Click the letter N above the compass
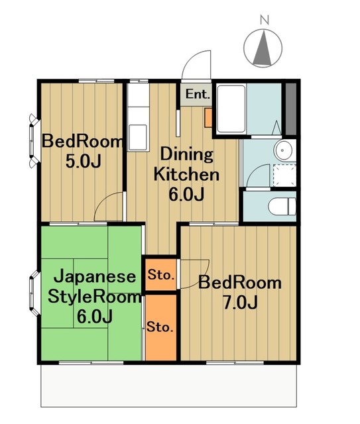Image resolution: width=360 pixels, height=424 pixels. [264, 20]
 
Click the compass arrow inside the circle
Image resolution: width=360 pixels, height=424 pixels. [264, 48]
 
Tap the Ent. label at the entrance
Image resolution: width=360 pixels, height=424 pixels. [197, 94]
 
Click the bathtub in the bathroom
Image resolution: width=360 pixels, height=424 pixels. [237, 109]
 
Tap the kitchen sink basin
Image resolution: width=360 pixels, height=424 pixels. [139, 136]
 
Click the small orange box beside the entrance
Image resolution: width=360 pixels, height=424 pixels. [208, 119]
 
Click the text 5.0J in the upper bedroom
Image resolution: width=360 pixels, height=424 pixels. [82, 162]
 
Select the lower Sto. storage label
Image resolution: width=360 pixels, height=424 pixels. [160, 327]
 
